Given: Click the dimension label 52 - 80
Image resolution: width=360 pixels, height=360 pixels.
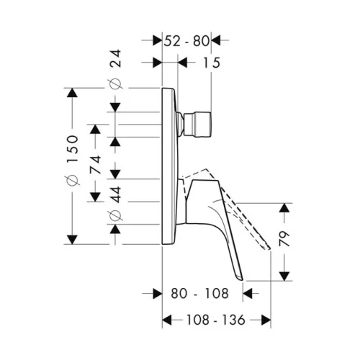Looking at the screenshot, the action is click(x=186, y=41).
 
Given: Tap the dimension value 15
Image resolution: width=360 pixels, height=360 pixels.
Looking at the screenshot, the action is click(x=212, y=63).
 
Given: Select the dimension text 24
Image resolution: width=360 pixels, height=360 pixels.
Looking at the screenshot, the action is click(x=115, y=58).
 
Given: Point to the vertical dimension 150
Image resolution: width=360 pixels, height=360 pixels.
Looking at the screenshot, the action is click(x=72, y=149).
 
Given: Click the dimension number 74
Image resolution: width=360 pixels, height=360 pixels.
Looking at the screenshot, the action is click(x=95, y=165).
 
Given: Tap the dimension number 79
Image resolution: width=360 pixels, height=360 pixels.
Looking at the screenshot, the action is click(x=284, y=239).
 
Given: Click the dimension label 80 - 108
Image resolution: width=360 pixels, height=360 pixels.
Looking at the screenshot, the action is click(x=199, y=293).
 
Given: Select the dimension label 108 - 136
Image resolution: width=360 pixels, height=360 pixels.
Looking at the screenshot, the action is click(x=216, y=320).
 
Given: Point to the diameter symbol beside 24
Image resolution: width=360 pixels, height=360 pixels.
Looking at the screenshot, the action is click(x=115, y=84).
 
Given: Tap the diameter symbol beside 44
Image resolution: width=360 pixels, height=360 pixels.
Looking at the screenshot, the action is click(x=115, y=215).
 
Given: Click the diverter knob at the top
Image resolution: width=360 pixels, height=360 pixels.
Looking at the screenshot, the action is click(x=197, y=125).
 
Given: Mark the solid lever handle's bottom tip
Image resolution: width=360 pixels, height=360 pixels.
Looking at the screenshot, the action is click(x=241, y=279).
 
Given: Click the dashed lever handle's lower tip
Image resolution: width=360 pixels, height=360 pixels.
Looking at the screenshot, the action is click(x=269, y=248).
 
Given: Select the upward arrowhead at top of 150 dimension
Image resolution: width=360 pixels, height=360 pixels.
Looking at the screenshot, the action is click(x=72, y=93).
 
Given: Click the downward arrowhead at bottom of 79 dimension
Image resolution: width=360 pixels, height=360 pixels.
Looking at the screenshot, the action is click(x=284, y=276).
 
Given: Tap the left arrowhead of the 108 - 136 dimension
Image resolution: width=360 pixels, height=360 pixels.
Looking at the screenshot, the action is click(x=167, y=320).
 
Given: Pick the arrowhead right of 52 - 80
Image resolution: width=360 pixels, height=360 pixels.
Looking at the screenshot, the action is click(x=216, y=40).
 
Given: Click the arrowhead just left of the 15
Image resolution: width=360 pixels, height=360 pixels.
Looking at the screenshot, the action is click(x=183, y=63).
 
